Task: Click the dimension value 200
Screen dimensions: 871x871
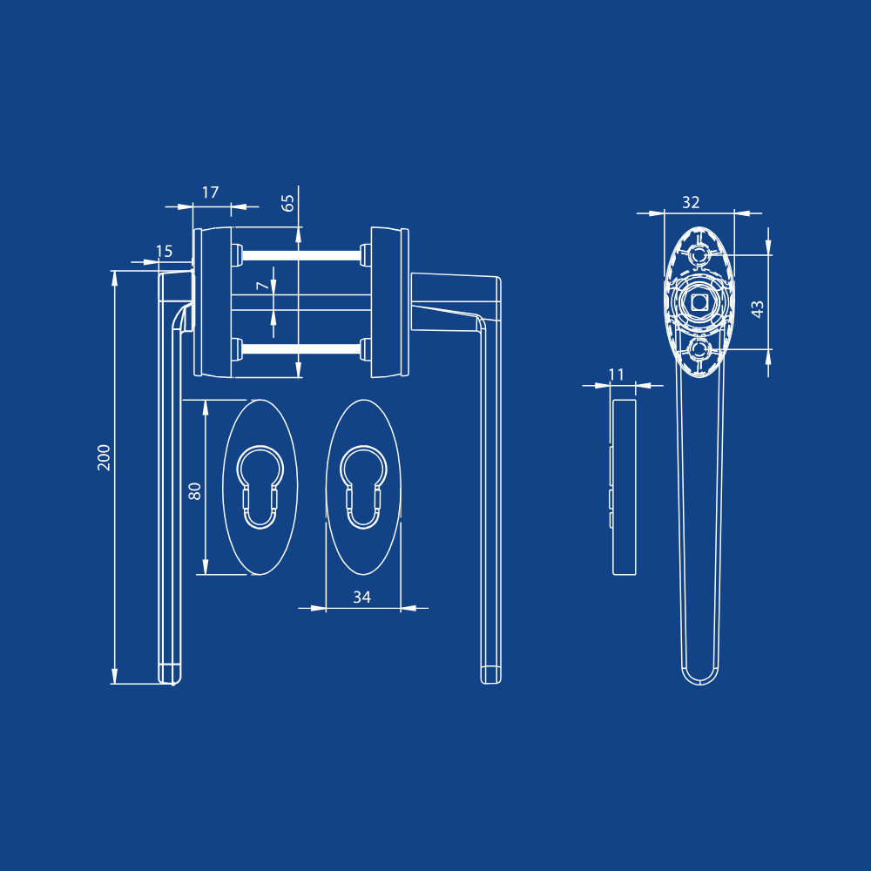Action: pos(104,457)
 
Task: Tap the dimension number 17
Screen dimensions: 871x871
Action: pos(210,192)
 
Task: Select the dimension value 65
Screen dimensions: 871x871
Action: pos(287,203)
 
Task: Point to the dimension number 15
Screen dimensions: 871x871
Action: pos(164,252)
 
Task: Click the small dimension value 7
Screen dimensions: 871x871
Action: pos(262,286)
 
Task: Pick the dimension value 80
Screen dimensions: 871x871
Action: pos(194,491)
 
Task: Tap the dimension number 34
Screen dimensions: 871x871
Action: pos(361,598)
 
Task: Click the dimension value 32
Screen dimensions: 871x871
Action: pos(691,202)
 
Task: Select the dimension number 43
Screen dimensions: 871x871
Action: pos(757,309)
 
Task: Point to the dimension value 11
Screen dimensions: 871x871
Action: pos(616,375)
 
